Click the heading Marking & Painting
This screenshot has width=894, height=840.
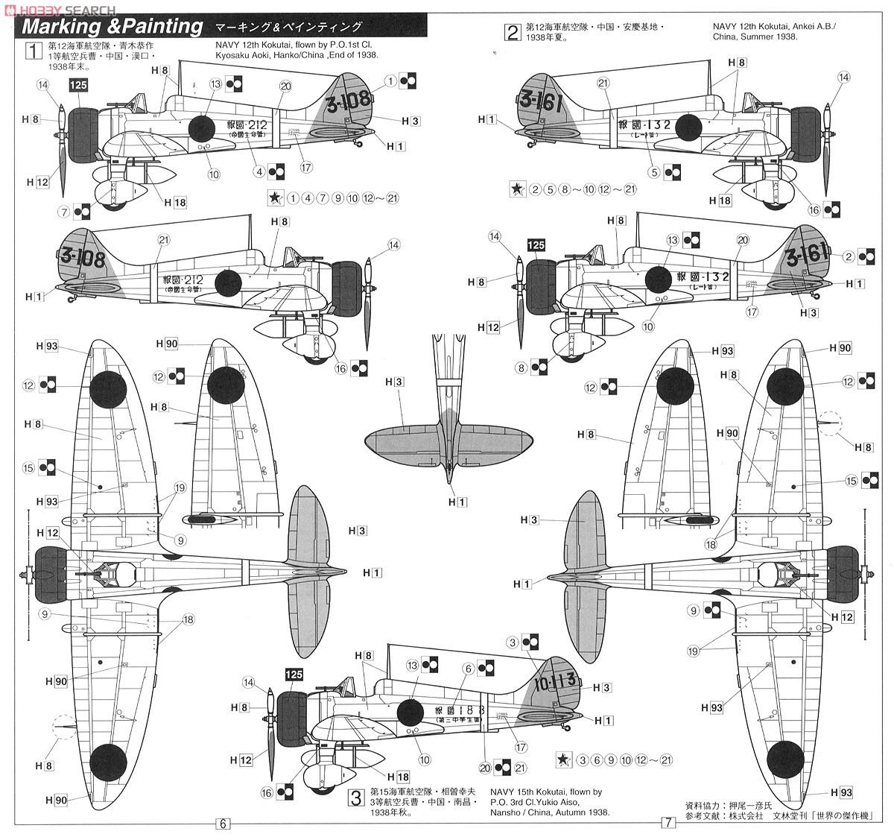112,28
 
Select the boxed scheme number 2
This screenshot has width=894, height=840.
512,33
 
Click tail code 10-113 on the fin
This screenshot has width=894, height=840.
555,680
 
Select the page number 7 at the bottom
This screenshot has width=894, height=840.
668,824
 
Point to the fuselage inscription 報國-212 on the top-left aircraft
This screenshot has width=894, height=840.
250,124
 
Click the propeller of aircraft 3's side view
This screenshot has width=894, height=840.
270,723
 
